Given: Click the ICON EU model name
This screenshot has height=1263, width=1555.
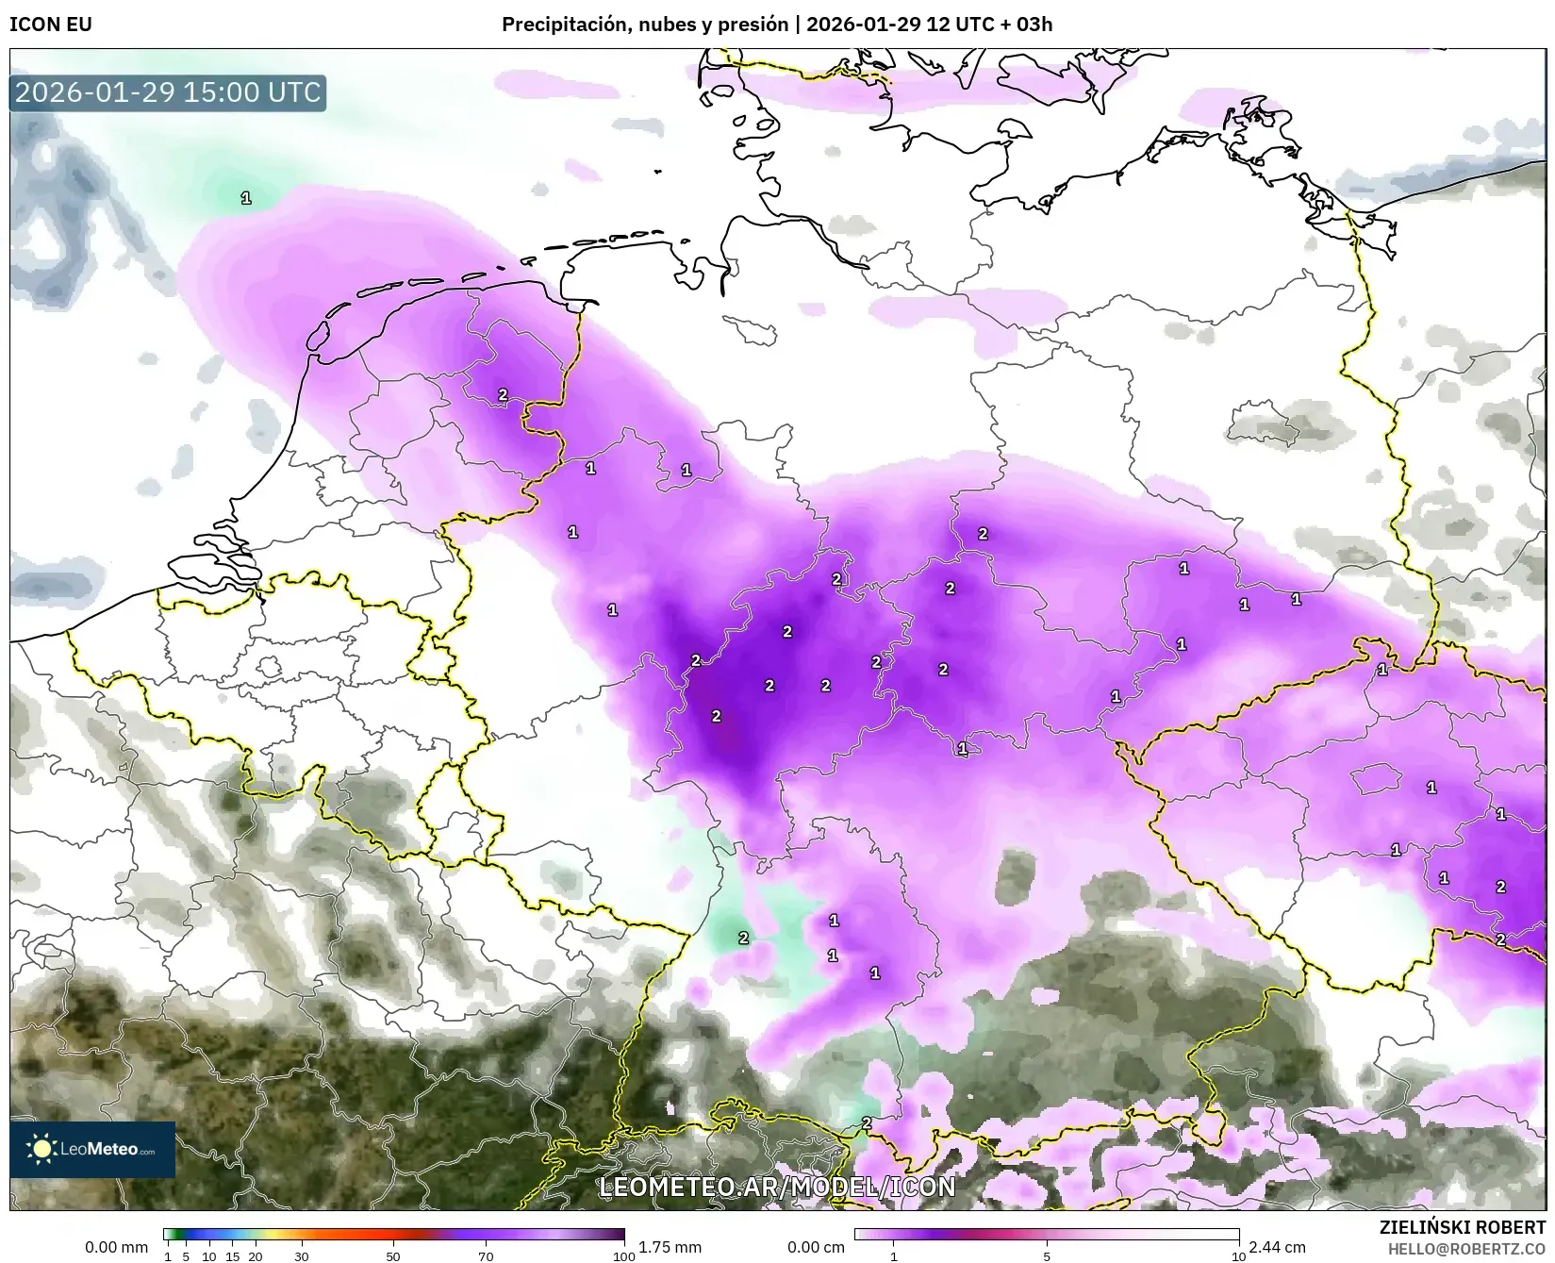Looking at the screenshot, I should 51,25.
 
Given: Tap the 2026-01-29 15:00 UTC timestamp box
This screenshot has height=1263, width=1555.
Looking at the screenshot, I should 168,92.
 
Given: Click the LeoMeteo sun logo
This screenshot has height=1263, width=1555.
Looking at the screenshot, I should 41,1148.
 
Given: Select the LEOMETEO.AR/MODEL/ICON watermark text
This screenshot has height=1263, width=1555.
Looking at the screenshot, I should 777,1187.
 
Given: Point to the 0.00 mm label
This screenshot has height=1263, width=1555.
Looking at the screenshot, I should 116,1247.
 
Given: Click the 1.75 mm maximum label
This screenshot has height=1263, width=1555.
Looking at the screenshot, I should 670,1247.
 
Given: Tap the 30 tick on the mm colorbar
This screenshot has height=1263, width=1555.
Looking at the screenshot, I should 302,1255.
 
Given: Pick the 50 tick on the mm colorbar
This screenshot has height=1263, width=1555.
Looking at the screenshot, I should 393,1255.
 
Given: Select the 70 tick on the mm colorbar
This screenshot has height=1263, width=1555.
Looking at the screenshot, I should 486,1255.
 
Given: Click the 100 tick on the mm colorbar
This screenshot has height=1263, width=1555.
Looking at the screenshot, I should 623,1255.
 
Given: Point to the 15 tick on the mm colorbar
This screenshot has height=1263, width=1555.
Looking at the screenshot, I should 232,1255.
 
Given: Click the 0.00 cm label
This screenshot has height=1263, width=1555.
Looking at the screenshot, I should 816,1247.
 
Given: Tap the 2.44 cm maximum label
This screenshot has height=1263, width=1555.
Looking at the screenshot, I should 1277,1247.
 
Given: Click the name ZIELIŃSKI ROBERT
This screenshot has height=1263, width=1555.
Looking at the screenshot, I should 1462,1227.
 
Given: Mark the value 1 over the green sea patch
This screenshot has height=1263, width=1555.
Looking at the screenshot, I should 246,198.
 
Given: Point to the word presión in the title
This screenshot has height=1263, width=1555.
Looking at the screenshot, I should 753,25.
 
